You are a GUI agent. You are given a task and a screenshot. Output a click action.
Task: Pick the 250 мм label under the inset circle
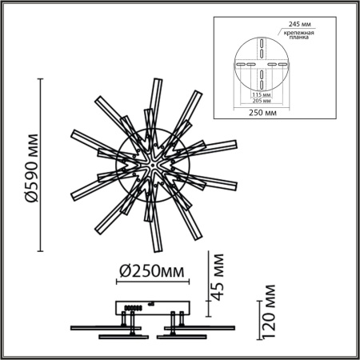[x=262, y=114]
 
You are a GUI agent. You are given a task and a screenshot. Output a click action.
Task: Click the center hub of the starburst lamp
[x=150, y=165]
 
